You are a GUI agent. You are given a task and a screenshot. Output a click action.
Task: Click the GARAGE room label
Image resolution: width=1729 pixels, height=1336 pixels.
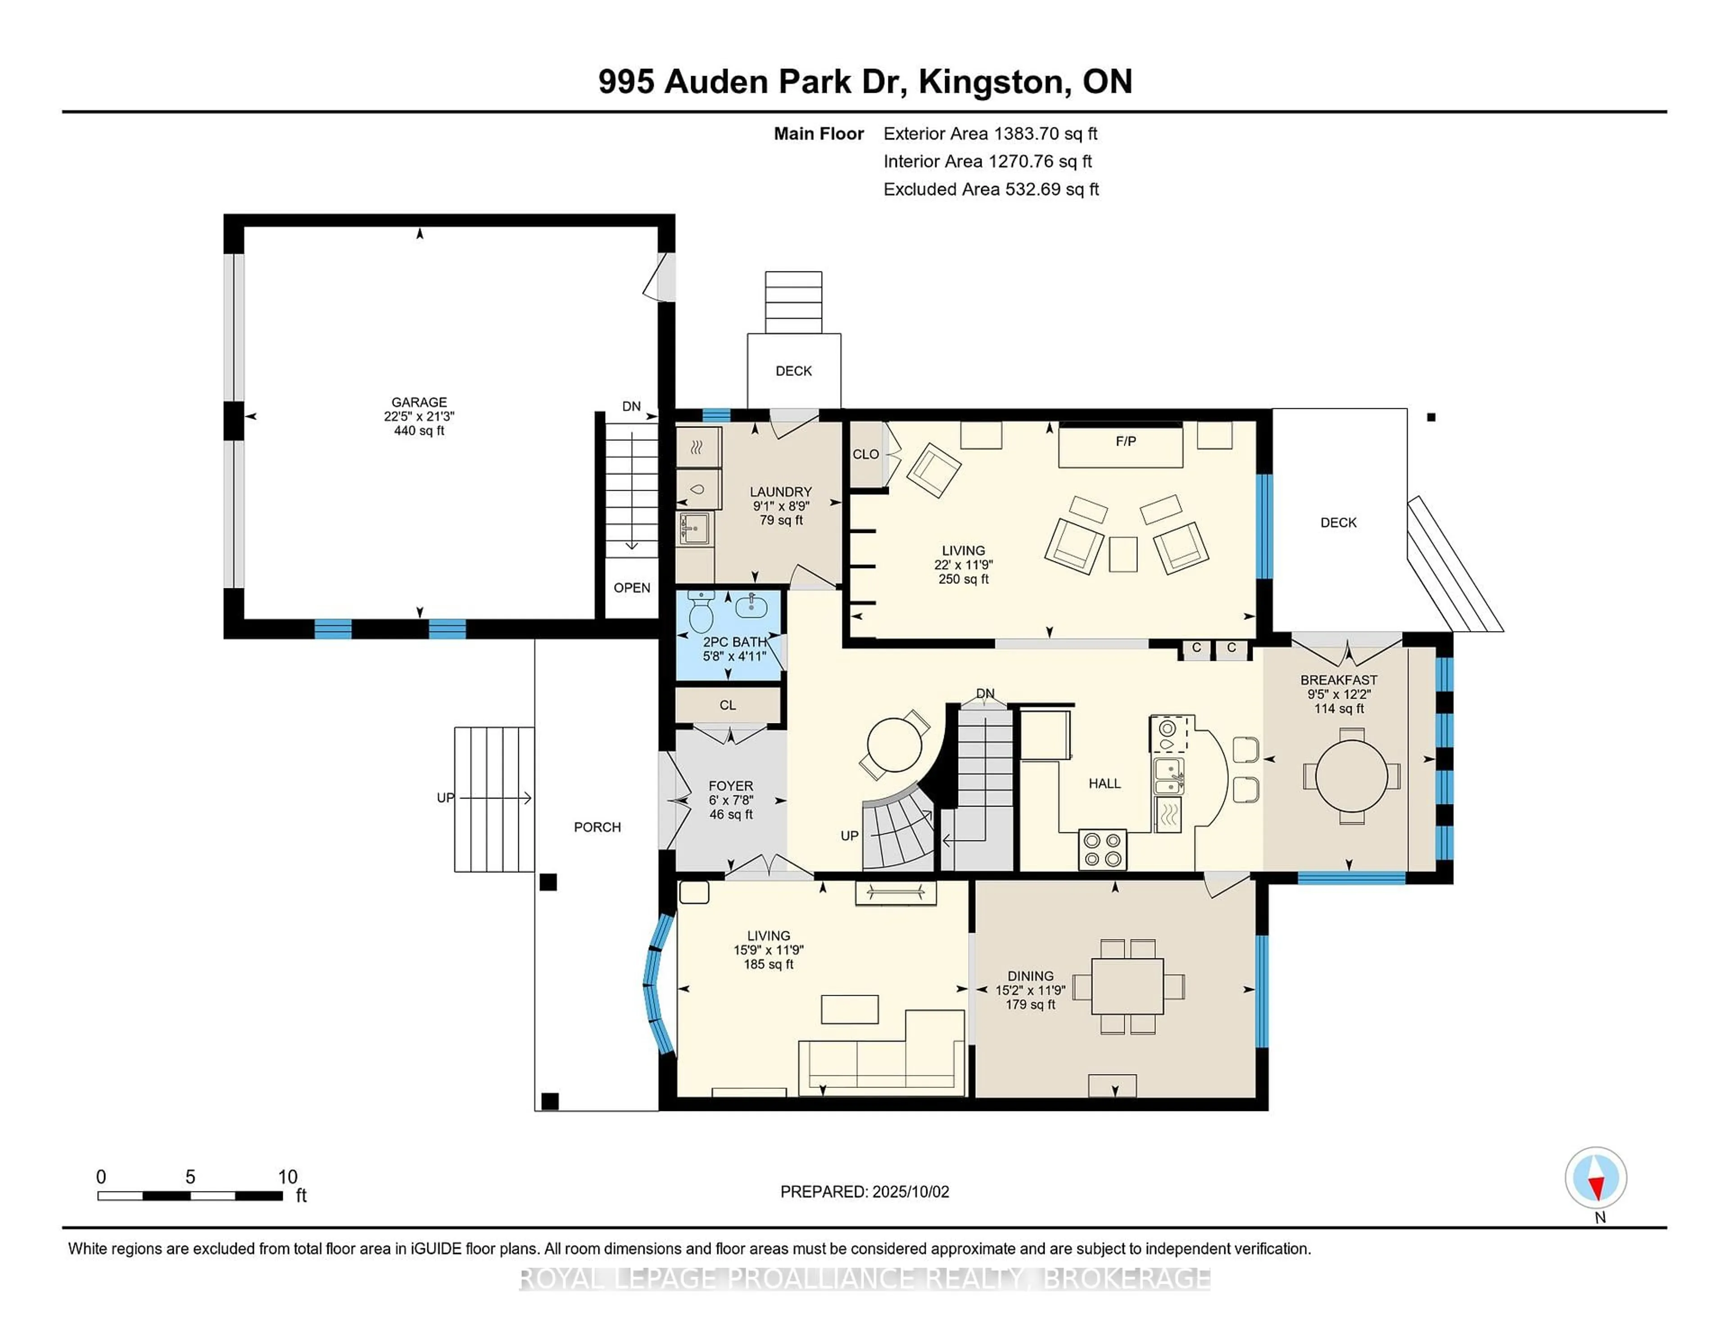[419, 402]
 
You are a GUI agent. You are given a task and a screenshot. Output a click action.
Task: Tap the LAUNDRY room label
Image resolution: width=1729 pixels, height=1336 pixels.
[781, 492]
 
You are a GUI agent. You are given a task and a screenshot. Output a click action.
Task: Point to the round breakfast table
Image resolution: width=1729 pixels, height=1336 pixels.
[1351, 776]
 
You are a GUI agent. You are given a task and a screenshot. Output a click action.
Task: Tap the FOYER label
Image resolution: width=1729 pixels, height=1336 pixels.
[730, 786]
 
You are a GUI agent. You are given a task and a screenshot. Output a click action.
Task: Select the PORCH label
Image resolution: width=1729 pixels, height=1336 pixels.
[597, 827]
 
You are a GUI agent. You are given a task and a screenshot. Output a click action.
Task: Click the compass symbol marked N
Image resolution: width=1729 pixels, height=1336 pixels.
[1595, 1178]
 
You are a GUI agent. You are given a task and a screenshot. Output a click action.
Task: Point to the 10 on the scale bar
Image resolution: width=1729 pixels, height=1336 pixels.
[287, 1177]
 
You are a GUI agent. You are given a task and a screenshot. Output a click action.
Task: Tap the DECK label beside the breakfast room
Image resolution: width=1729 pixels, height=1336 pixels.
[1338, 522]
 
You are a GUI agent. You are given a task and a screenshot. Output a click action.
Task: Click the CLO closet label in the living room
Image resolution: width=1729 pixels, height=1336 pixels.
[865, 454]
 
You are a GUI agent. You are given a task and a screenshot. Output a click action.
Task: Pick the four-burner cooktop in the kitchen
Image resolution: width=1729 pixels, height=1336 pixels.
[1102, 849]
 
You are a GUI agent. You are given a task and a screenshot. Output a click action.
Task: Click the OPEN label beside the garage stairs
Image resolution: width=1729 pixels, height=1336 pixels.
[632, 588]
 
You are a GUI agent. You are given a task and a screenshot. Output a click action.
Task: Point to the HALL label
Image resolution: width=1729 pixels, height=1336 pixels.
[1104, 784]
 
